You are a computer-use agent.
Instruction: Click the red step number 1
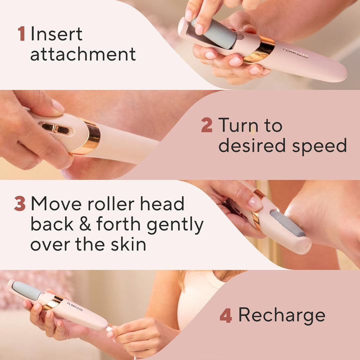[x=21, y=34]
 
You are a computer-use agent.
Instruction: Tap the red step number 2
[x=206, y=125]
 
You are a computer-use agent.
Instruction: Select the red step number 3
[x=19, y=204]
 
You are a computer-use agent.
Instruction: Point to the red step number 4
[x=225, y=315]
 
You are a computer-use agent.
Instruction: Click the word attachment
[x=82, y=54]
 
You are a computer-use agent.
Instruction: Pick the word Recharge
[x=281, y=315]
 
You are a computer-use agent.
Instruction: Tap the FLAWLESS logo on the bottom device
[x=75, y=306]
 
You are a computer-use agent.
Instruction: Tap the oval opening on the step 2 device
[x=55, y=128]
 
